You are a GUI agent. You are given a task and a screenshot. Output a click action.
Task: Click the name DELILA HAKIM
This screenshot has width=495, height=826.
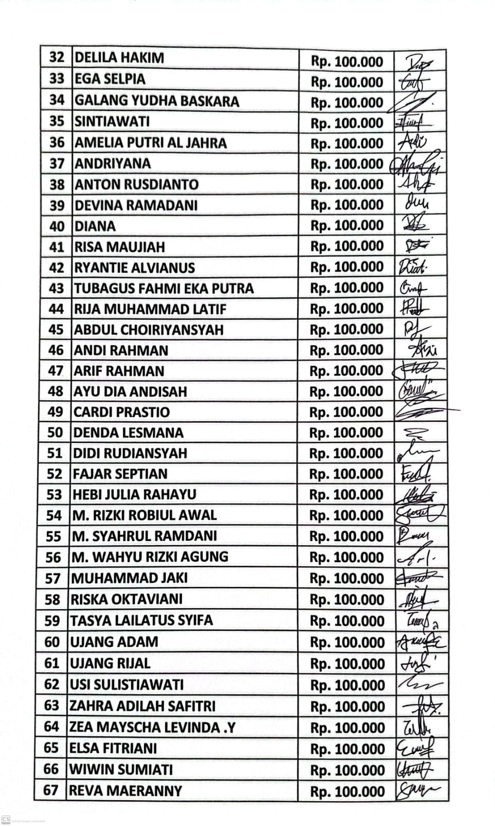click(119, 57)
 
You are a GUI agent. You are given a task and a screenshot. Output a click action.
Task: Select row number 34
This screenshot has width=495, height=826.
click(56, 100)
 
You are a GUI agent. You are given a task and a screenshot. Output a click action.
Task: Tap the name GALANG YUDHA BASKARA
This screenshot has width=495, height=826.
click(157, 100)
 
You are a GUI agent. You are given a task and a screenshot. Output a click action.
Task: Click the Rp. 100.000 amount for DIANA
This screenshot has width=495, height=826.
click(347, 226)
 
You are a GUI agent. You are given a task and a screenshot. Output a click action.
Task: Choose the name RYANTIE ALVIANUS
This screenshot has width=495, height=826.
click(135, 267)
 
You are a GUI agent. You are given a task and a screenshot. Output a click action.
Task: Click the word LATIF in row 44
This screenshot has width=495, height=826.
click(208, 309)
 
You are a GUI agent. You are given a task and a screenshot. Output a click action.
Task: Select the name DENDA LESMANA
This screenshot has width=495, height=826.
click(129, 433)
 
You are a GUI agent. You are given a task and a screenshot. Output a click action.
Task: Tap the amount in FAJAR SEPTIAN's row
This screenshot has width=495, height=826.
click(346, 474)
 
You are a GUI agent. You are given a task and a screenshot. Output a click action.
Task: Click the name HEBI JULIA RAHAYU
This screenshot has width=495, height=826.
click(134, 495)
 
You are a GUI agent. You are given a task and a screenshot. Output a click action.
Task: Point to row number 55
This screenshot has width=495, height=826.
click(53, 536)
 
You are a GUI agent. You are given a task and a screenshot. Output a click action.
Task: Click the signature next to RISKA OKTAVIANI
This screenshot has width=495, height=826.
click(417, 599)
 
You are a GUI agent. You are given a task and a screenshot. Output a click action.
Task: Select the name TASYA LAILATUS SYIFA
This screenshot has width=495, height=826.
click(141, 620)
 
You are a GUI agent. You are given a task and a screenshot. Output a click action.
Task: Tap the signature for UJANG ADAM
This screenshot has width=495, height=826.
click(420, 642)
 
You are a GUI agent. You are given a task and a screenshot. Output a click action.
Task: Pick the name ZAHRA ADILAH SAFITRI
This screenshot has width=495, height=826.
click(142, 706)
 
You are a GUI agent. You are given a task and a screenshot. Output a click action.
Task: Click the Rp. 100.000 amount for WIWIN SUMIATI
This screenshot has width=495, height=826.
click(347, 770)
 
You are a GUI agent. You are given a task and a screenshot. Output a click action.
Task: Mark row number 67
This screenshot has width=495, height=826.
click(51, 790)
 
